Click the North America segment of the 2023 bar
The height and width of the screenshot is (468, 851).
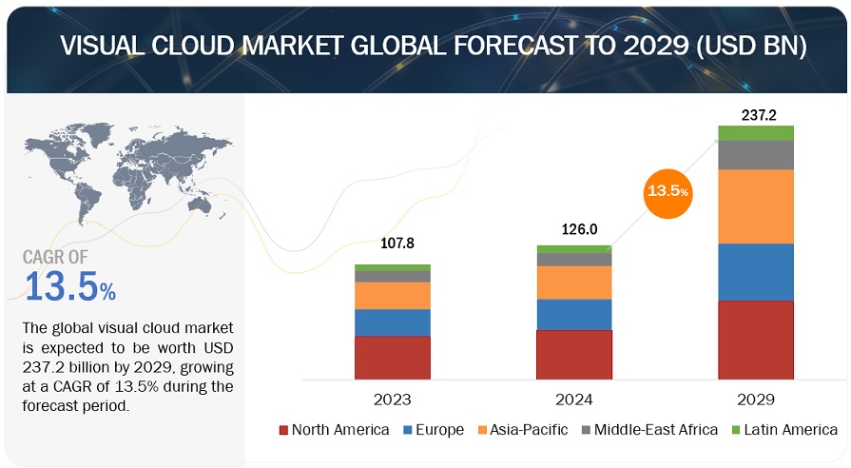393,358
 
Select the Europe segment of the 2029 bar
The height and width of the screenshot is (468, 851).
756,272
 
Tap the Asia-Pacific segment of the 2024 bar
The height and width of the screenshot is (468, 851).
574,283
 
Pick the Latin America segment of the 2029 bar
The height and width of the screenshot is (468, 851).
756,133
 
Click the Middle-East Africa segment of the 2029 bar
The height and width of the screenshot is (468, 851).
756,155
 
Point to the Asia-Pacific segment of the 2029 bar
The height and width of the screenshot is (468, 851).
756,206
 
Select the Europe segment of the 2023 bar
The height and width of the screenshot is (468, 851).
393,322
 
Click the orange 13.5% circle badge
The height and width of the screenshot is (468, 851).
668,190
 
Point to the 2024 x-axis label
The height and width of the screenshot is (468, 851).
574,399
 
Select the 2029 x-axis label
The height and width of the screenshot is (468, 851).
756,399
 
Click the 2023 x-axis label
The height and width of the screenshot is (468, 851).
393,399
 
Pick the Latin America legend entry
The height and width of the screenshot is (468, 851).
786,430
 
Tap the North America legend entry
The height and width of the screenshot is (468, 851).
334,430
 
